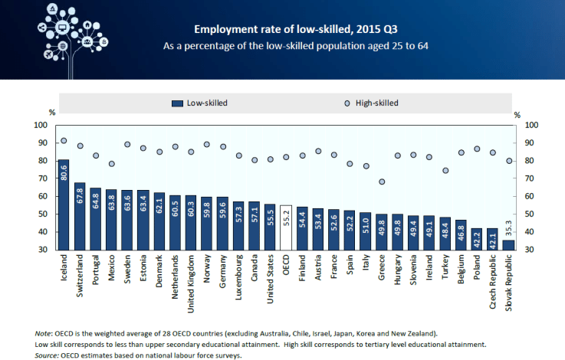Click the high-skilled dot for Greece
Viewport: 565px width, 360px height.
[x=382, y=182]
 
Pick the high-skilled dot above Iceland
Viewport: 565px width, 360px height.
[x=64, y=141]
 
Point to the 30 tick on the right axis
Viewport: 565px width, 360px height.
[x=533, y=250]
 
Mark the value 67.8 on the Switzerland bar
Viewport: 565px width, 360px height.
[x=80, y=195]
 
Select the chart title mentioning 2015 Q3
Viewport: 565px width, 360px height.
[x=296, y=30]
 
